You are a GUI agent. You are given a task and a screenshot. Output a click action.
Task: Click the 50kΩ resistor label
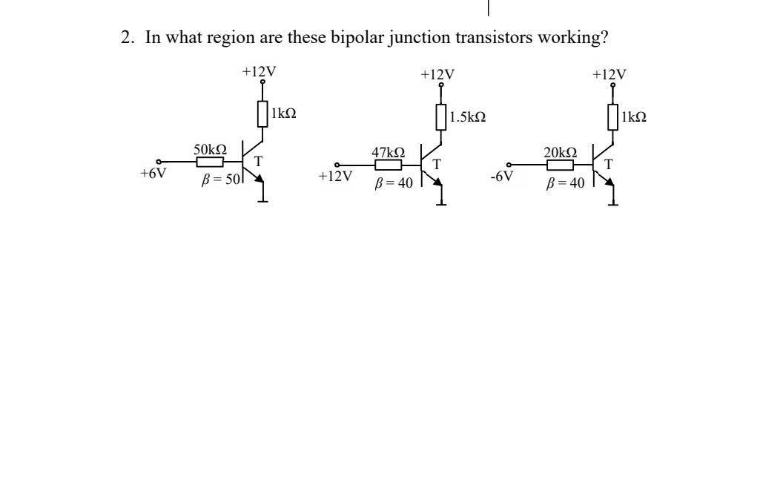pyautogui.click(x=210, y=150)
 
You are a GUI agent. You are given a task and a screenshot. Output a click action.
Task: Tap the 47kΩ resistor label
pyautogui.click(x=388, y=152)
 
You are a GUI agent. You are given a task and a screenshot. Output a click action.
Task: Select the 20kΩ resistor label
pyautogui.click(x=560, y=152)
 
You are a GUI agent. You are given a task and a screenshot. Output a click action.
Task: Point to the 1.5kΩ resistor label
pyautogui.click(x=468, y=117)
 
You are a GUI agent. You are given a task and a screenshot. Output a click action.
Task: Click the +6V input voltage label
pyautogui.click(x=153, y=174)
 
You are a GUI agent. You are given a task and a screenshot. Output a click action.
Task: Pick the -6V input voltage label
pyautogui.click(x=502, y=177)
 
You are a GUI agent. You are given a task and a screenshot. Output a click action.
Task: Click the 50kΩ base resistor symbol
pyautogui.click(x=210, y=162)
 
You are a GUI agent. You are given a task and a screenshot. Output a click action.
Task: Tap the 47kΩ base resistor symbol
pyautogui.click(x=388, y=165)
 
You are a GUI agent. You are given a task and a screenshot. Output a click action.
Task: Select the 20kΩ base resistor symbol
pyautogui.click(x=560, y=165)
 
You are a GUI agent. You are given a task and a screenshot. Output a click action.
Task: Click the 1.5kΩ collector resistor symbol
pyautogui.click(x=441, y=117)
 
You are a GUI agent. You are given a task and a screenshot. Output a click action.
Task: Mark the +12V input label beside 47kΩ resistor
pyautogui.click(x=334, y=177)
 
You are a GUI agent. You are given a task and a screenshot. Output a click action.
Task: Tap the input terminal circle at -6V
pyautogui.click(x=509, y=165)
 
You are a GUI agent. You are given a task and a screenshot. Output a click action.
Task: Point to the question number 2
pyautogui.click(x=125, y=38)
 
